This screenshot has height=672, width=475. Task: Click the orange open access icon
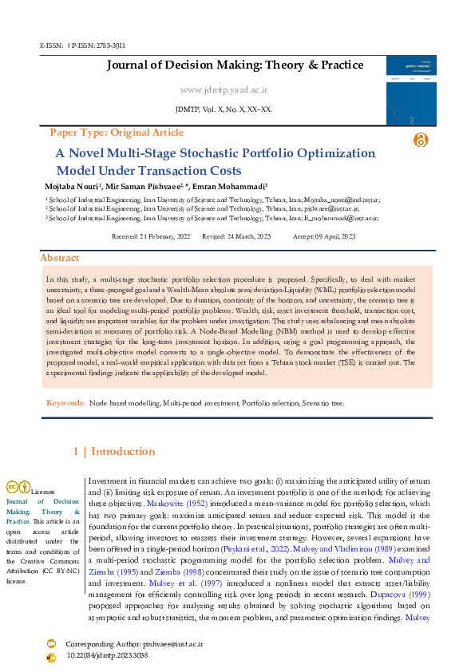(421, 140)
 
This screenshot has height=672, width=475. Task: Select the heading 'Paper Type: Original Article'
(117, 132)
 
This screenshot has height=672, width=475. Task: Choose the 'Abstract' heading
(60, 258)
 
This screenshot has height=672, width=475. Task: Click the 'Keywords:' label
(65, 404)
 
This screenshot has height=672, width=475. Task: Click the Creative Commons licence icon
(18, 486)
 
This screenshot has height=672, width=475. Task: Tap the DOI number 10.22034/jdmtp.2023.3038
(107, 655)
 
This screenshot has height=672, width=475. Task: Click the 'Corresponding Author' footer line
(133, 643)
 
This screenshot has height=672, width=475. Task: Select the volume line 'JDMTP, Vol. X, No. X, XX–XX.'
(223, 109)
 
